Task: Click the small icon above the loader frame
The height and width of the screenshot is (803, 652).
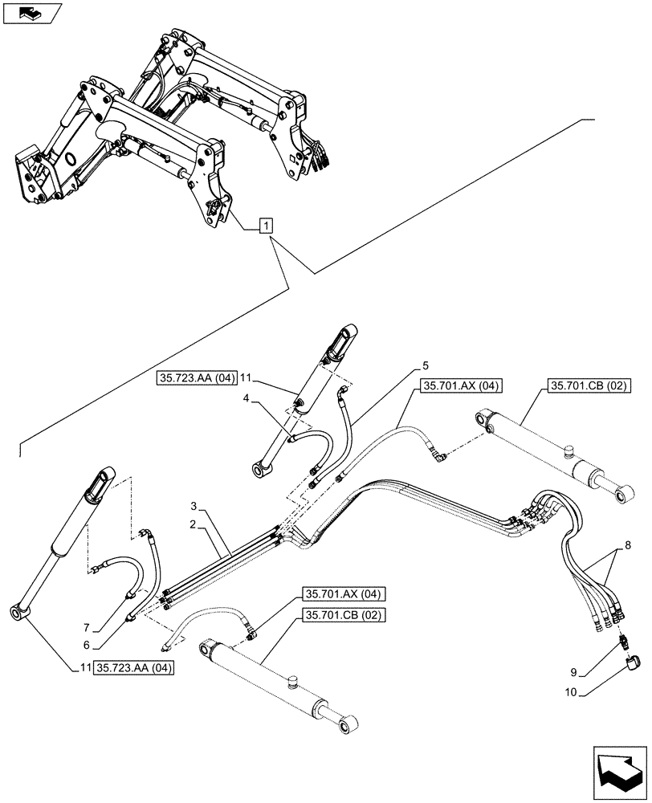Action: [x=31, y=13]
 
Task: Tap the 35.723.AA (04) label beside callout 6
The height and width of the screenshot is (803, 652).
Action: [x=134, y=667]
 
